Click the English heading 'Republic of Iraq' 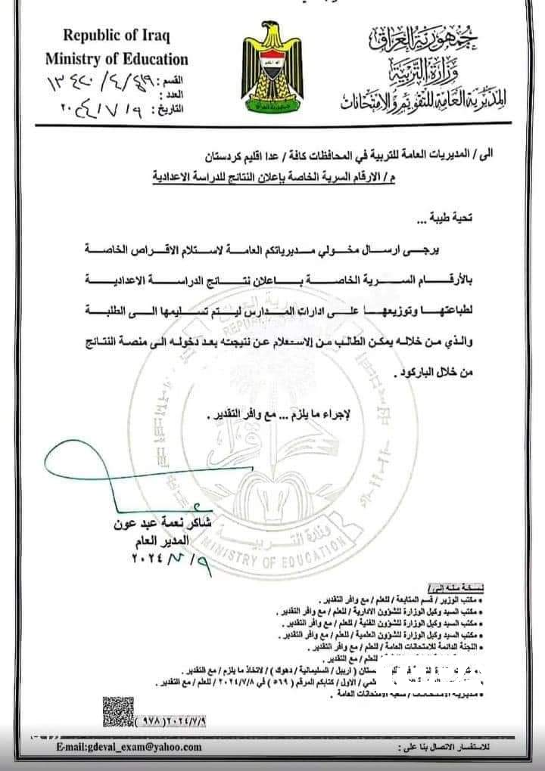click(117, 35)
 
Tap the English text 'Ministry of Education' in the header click(117, 58)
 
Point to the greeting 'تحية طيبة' click(447, 221)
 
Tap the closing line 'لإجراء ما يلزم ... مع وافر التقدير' click(296, 413)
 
